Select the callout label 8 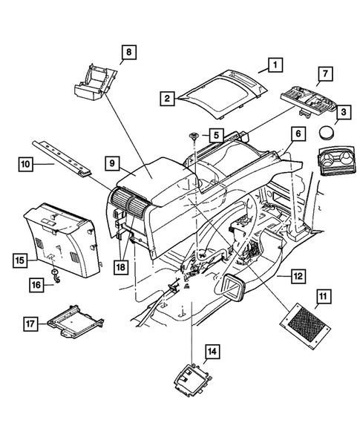pos(128,52)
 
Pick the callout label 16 pos(35,284)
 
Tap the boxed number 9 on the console pos(113,163)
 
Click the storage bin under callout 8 pos(92,82)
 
